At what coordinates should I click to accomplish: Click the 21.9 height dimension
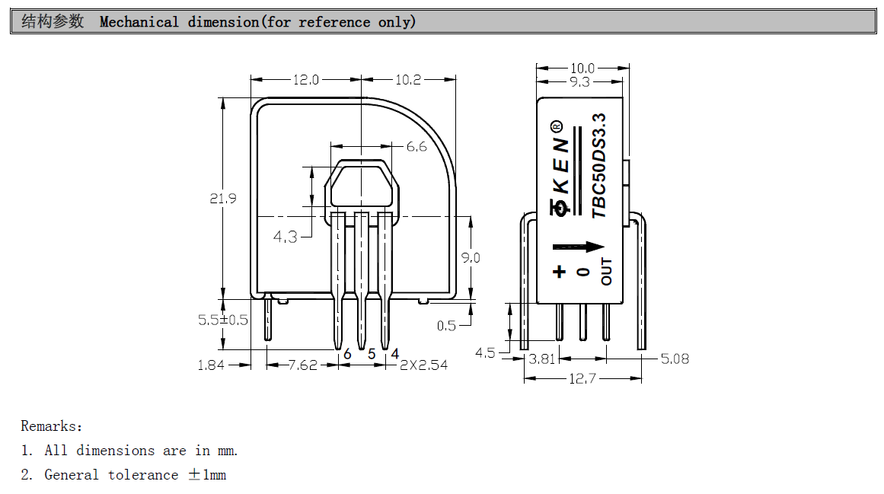pos(223,199)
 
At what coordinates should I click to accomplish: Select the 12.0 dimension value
pos(305,79)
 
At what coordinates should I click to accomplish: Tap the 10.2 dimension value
pos(408,79)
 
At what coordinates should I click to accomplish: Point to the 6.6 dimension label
pos(416,147)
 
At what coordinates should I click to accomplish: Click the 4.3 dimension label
pos(286,237)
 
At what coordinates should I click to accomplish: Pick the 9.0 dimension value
pos(471,258)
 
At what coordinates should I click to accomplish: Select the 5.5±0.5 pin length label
pos(223,320)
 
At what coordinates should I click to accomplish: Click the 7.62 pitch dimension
pos(302,365)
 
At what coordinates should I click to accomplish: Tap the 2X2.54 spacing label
pos(424,365)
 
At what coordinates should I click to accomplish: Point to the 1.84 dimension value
pos(211,365)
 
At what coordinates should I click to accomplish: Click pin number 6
pos(347,354)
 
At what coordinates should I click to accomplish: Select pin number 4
pos(395,354)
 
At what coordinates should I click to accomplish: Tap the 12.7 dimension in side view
pos(582,378)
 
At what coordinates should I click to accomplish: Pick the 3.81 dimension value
pos(544,359)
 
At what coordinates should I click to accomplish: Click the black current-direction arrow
pos(578,247)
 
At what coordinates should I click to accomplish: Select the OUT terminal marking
pos(606,272)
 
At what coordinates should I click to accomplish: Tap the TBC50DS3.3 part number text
pos(600,166)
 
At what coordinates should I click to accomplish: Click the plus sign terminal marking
pos(560,271)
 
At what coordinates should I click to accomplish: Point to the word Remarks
pos(51,426)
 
